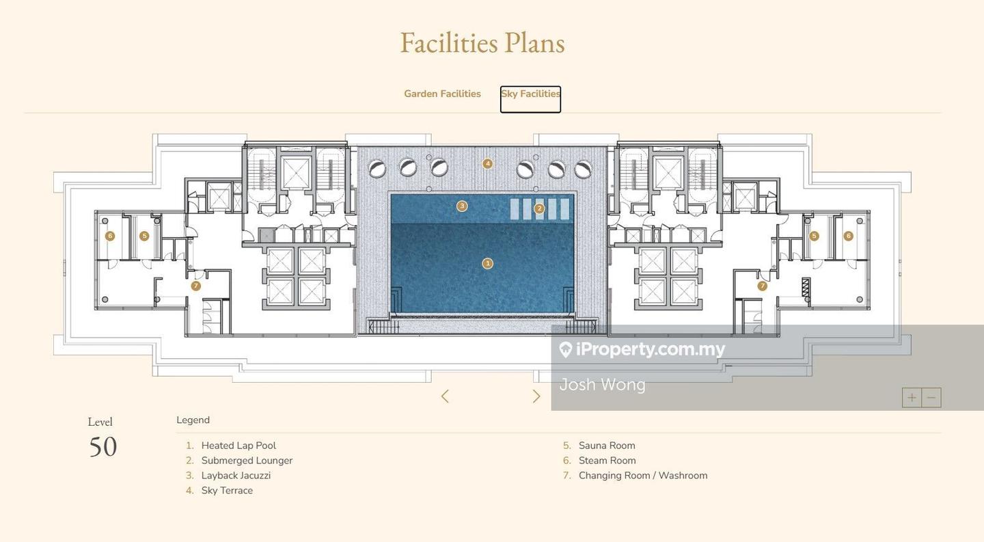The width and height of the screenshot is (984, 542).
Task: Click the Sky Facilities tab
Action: click(x=530, y=99)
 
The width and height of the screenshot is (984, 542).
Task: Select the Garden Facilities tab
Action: click(x=442, y=94)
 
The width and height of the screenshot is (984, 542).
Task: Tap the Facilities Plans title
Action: click(x=482, y=42)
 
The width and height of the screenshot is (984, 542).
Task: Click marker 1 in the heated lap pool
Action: click(x=487, y=264)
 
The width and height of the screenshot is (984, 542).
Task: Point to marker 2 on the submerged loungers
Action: click(x=539, y=208)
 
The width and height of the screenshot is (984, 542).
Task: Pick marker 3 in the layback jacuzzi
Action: click(x=461, y=206)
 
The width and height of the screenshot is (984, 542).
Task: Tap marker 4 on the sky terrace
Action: click(x=487, y=164)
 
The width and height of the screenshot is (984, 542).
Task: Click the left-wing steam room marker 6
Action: click(x=110, y=236)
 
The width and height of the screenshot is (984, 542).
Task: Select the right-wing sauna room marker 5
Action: click(x=814, y=236)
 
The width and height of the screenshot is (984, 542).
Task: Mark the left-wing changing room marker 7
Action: click(x=196, y=286)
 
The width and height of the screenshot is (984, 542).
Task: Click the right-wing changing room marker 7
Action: click(x=762, y=286)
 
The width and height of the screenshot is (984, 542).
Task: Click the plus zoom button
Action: click(x=912, y=398)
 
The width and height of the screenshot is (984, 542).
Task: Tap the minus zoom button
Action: click(x=931, y=398)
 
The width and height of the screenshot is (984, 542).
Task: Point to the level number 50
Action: click(x=103, y=447)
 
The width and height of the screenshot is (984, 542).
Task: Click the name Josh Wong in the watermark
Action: click(x=602, y=385)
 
